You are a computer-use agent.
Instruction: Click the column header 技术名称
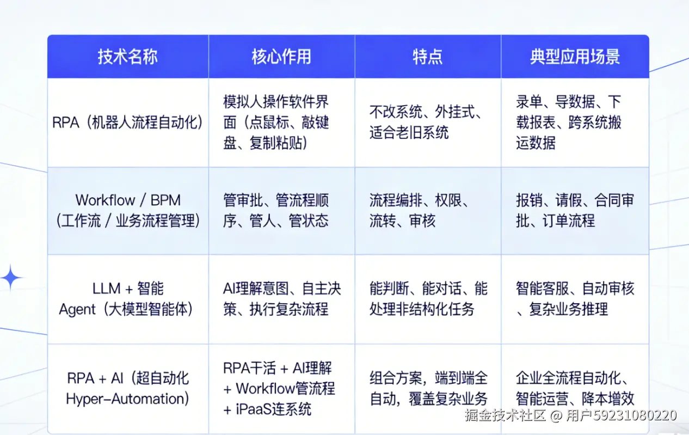tap(127, 57)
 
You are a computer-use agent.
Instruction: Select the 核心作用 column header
tap(281, 57)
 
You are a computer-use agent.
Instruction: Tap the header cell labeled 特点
tap(427, 57)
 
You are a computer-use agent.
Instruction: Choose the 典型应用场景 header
tap(575, 57)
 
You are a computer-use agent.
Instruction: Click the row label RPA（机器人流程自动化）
tap(127, 122)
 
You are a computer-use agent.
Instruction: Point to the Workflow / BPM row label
tap(127, 210)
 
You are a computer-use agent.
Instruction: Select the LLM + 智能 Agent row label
tap(127, 299)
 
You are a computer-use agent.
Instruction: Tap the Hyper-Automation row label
tap(127, 388)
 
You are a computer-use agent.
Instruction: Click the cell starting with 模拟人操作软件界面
tap(276, 122)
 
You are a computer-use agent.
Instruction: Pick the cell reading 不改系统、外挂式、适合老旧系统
tap(425, 122)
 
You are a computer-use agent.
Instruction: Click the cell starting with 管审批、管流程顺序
tap(276, 210)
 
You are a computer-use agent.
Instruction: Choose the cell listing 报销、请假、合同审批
tap(575, 210)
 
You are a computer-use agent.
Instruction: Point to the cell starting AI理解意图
tap(281, 299)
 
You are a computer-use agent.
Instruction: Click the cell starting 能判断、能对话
tap(428, 299)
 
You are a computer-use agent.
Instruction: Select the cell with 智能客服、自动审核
tap(575, 299)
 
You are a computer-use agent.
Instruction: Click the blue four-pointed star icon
tap(11, 278)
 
